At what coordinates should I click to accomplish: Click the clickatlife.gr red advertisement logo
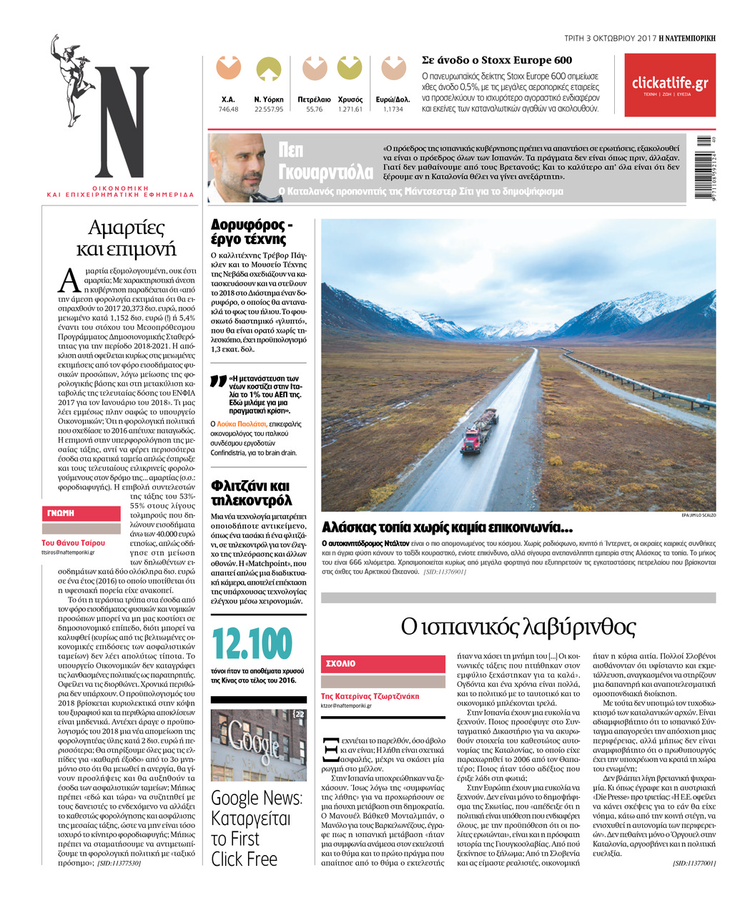pos(669,84)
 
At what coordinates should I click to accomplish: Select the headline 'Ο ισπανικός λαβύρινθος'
pos(518,627)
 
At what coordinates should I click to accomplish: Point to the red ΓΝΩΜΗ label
pos(81,513)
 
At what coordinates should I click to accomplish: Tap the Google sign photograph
pos(258,744)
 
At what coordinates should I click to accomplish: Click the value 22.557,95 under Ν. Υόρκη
pos(269,109)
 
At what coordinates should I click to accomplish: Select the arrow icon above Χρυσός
pos(350,69)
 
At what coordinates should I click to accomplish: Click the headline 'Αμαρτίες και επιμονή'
pos(126,238)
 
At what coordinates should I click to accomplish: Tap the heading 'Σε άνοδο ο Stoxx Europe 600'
pos(497,60)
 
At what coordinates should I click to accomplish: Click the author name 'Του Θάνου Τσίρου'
pos(73,543)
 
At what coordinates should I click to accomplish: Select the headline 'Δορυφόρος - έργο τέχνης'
pos(252,232)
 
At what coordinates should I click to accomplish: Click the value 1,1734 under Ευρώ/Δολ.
pos(393,109)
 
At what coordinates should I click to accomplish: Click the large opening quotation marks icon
pos(218,381)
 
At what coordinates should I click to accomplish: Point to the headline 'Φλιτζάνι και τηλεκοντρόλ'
pos(251,492)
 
